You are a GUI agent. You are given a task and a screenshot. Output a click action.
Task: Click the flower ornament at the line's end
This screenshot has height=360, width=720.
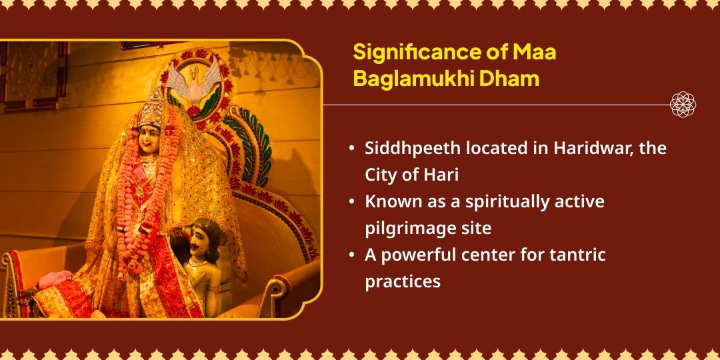coord(683,105)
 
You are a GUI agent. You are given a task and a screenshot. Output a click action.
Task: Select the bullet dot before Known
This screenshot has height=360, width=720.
coord(352,201)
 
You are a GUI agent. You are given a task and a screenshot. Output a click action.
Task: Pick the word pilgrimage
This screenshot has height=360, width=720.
coord(409,228)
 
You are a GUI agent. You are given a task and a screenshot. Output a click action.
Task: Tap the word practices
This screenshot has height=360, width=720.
coord(403,281)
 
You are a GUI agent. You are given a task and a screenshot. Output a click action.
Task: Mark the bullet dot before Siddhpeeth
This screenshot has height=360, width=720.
coord(352,148)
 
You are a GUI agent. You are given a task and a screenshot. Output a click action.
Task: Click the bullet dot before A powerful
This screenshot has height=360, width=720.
coord(352,255)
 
